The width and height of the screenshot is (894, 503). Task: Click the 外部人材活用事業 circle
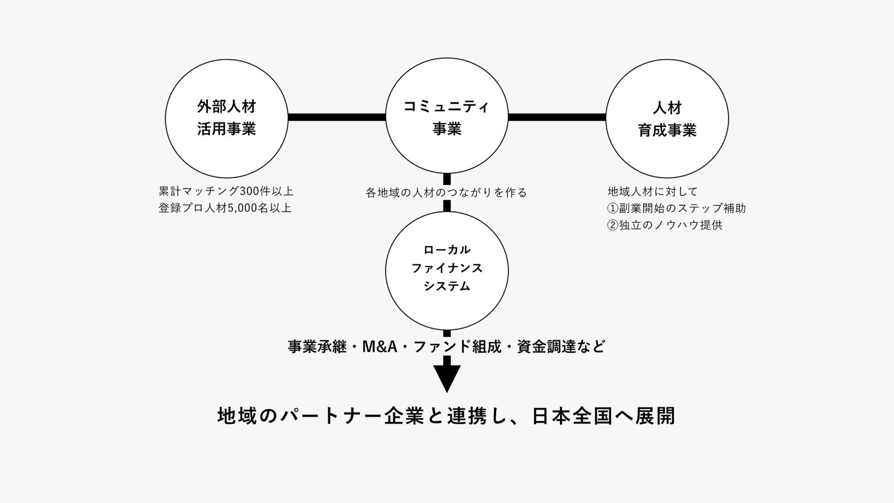click(226, 118)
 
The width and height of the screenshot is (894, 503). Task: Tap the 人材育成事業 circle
click(667, 118)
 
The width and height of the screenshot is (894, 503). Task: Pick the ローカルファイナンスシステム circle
click(446, 271)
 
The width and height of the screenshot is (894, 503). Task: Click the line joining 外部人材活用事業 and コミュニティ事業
click(336, 117)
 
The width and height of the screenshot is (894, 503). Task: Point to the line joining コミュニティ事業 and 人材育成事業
click(557, 117)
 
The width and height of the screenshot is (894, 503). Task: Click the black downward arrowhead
click(447, 378)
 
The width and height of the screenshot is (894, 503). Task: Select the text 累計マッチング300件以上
click(226, 191)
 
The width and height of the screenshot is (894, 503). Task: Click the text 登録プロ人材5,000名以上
click(225, 208)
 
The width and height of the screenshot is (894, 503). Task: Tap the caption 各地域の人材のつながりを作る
click(446, 193)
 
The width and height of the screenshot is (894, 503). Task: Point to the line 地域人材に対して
click(653, 192)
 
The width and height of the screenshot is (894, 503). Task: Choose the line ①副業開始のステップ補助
click(677, 208)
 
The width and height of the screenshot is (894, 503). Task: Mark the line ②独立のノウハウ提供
click(665, 225)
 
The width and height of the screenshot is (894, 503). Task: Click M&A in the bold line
click(379, 347)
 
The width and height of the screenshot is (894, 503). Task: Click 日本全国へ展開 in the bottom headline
click(603, 416)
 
